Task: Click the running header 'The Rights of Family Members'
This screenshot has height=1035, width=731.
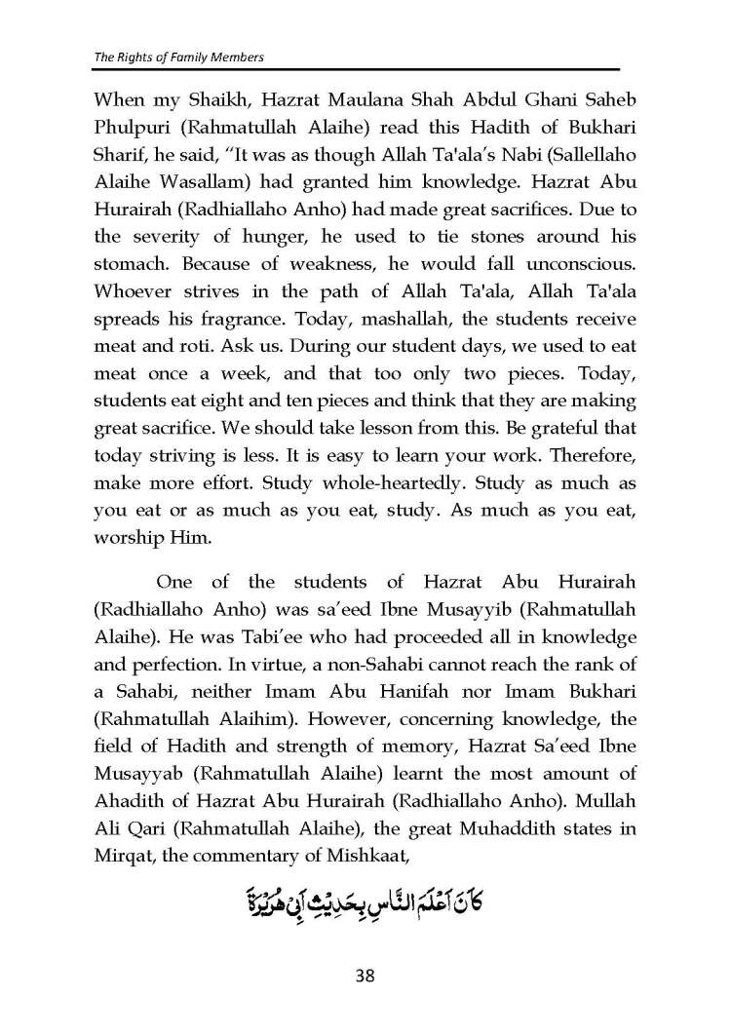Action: point(179,57)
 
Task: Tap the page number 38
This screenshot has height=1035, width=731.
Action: point(365,975)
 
